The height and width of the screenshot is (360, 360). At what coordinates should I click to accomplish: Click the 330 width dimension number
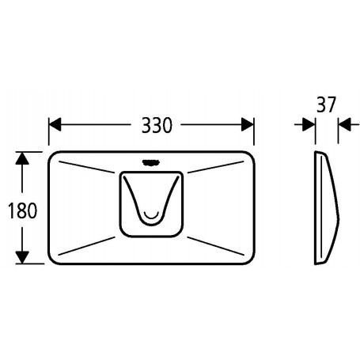click(157, 125)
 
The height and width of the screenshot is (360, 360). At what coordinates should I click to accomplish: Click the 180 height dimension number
click(23, 210)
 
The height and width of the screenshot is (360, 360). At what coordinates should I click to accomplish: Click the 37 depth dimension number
click(326, 104)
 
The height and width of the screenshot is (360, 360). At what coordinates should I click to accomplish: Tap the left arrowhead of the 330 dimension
click(55, 124)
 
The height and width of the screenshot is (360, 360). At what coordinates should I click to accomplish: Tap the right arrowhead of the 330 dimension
click(248, 124)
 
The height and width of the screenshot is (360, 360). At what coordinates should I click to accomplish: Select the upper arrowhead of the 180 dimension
click(22, 158)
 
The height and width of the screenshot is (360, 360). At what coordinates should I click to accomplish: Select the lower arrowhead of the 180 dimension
click(22, 257)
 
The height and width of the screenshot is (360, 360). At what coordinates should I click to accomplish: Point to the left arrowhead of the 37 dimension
click(309, 124)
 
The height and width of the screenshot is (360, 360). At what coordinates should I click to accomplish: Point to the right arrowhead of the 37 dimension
click(345, 124)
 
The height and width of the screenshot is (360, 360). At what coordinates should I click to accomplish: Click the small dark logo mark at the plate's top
click(150, 163)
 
